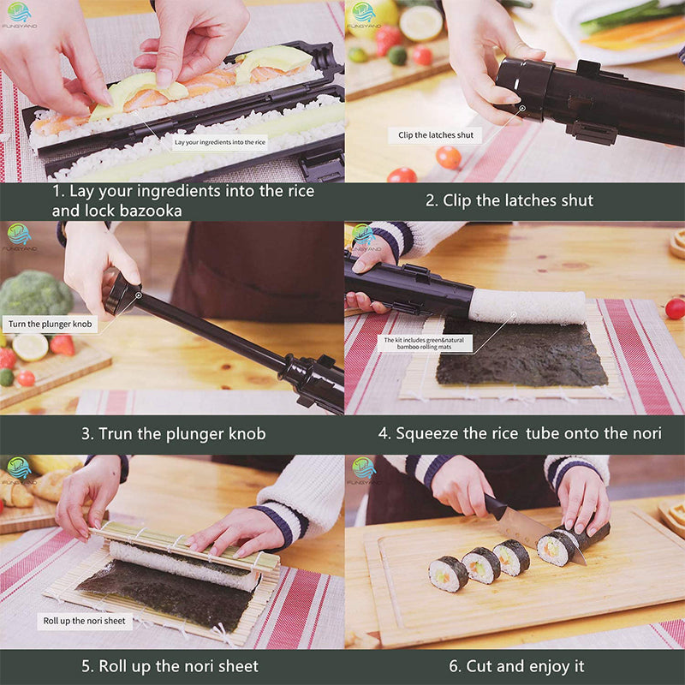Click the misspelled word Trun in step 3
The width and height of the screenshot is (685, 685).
pos(118,434)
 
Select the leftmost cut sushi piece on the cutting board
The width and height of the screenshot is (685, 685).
pos(449,573)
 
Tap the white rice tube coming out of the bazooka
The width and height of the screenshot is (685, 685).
pos(527,307)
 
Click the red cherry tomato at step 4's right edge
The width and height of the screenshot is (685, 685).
pos(675,308)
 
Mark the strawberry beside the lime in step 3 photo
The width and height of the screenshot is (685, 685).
pos(62,344)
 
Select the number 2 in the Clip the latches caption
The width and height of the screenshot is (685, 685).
pos(431,200)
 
